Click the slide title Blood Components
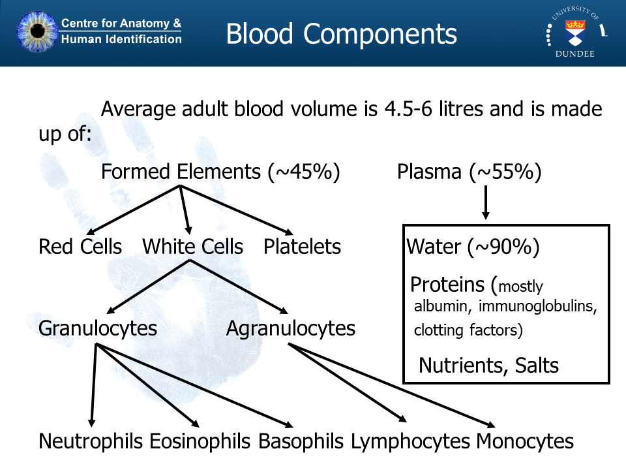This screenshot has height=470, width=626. [341, 34]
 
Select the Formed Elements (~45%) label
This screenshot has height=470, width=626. [220, 172]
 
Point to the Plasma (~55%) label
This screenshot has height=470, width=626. [469, 172]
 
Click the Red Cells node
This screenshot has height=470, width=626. [80, 247]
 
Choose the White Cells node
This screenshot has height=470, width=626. [192, 247]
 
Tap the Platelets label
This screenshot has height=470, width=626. [302, 247]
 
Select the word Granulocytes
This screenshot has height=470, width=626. [98, 328]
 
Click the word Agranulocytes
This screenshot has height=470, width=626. [291, 328]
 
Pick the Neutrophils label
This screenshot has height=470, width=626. [91, 441]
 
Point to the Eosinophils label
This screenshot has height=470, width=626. [200, 441]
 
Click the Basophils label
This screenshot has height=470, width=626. [301, 441]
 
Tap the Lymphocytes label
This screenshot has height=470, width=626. [410, 441]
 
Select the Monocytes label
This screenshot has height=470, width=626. [525, 441]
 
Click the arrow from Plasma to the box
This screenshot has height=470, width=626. [485, 202]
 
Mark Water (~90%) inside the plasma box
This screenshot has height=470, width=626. [473, 247]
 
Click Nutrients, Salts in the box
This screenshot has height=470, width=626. [488, 365]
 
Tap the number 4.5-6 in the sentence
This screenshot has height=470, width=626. [407, 109]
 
